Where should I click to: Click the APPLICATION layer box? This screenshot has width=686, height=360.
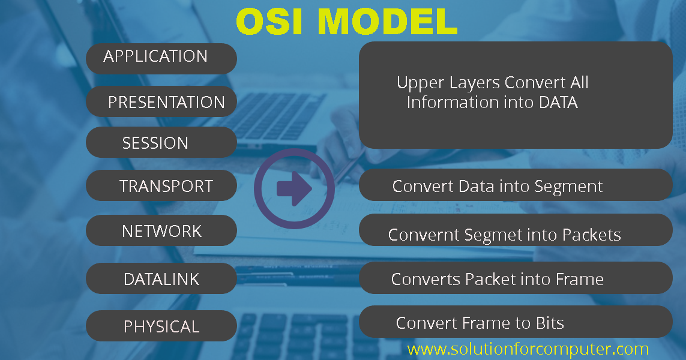[161, 58]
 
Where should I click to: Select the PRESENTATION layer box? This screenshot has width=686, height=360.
[161, 101]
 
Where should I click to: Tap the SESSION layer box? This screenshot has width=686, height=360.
[161, 143]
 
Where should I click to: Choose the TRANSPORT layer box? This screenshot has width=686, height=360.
[161, 186]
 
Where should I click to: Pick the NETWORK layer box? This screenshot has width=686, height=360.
[161, 231]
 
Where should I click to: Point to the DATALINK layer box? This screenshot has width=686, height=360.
[161, 279]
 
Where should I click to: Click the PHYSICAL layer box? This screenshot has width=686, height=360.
[161, 326]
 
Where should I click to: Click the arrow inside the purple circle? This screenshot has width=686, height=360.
[294, 189]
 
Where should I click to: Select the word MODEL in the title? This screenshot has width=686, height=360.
[387, 22]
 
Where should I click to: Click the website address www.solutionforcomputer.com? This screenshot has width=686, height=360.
[528, 349]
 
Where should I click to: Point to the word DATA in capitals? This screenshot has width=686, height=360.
[558, 103]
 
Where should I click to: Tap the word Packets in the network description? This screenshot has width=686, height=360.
[591, 235]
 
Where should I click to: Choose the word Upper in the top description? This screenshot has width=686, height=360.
[418, 83]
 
